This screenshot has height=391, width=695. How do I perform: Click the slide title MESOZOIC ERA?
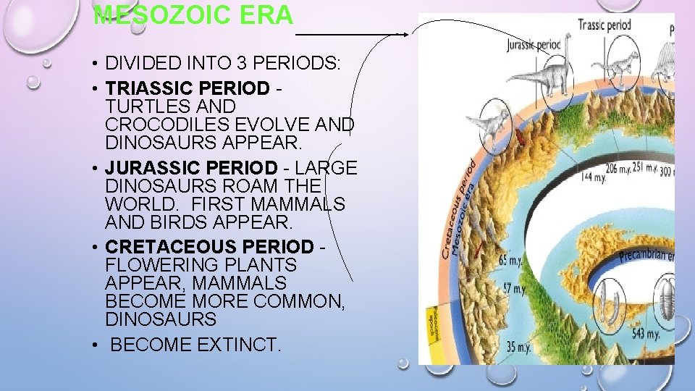point(193,15)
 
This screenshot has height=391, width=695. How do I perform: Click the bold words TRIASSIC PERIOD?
point(187,88)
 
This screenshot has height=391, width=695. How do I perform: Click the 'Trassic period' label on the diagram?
point(605,25)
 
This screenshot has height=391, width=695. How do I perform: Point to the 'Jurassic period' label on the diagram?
point(534,43)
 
